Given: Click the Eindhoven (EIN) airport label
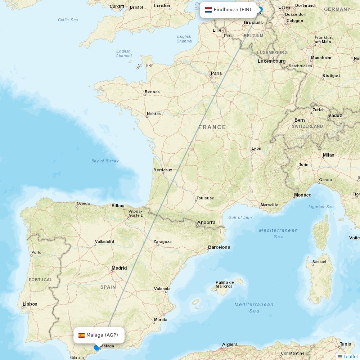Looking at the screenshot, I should click(x=232, y=10).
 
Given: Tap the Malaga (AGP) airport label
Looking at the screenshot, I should click(x=102, y=335).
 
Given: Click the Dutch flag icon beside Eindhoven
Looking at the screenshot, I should click(x=208, y=10).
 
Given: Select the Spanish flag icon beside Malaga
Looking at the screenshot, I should click(x=82, y=335).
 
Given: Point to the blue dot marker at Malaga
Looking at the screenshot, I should click(x=96, y=347).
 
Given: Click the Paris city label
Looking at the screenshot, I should click(x=216, y=73).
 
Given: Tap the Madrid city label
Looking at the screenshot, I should click(x=119, y=268).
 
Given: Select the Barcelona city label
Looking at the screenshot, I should click(x=219, y=247).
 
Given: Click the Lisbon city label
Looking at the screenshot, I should click(x=30, y=304).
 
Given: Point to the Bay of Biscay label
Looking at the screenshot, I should click(x=105, y=161).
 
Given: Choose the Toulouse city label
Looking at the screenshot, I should click(x=205, y=198).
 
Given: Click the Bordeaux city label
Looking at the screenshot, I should click(x=163, y=170).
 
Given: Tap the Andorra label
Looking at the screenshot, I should click(x=206, y=222).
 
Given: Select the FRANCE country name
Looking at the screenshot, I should click(x=212, y=127).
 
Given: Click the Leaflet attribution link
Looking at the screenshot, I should click(x=350, y=356).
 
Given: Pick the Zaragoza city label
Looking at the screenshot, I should click(x=162, y=242).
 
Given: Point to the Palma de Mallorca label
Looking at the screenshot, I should click(x=225, y=284).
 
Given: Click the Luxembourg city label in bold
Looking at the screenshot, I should click(x=271, y=61).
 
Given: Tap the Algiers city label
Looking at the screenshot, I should click(x=230, y=345).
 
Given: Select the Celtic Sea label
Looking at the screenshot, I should click(x=68, y=20).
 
